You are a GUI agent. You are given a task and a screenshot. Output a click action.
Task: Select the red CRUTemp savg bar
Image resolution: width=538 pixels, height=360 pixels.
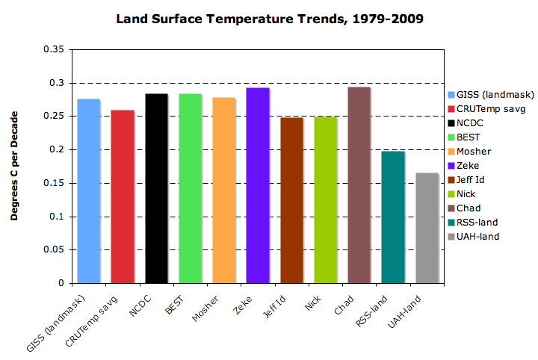pos(123,197)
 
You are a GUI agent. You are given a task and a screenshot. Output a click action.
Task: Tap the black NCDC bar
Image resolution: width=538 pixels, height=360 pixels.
pos(156,188)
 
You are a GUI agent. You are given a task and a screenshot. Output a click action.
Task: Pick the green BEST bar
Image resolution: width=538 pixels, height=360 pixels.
pos(190,188)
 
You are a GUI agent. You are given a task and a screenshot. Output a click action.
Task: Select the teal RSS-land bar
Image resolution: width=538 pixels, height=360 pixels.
pos(393,217)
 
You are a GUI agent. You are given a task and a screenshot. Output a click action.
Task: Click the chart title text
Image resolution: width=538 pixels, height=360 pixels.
pos(270,17)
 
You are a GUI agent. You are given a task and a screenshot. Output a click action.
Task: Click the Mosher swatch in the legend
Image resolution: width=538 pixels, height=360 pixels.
pos(451,151)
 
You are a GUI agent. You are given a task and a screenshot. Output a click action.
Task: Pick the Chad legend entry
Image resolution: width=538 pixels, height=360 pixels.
pos(474,208)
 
